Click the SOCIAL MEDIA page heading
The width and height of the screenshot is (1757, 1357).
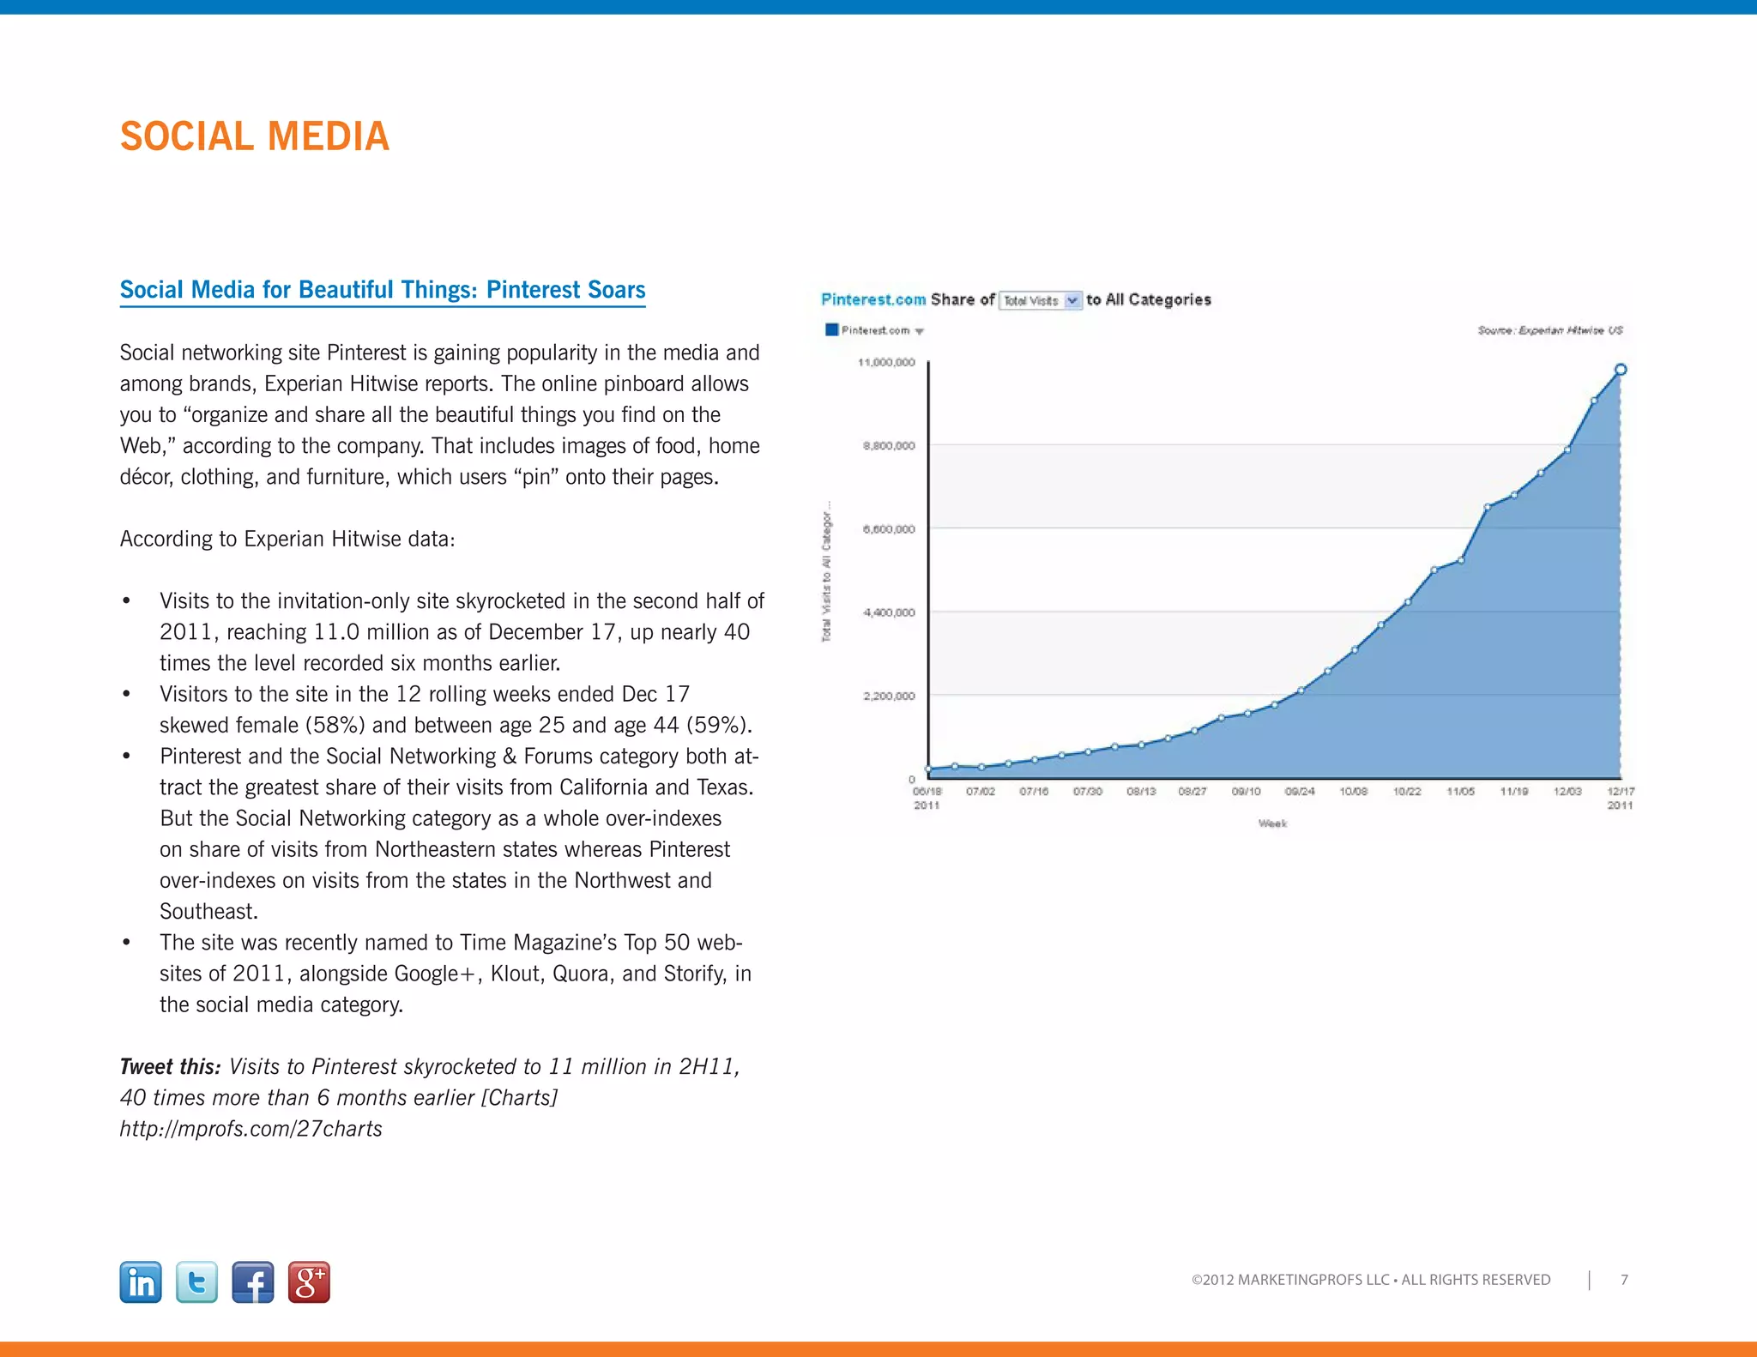click(x=254, y=136)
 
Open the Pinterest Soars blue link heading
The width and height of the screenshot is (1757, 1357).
click(x=382, y=290)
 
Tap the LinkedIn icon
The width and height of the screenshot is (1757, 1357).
click(x=141, y=1282)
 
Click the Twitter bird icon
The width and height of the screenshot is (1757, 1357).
click(x=196, y=1282)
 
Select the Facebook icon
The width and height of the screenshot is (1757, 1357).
click(x=253, y=1282)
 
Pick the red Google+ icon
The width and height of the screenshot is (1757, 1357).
click(x=309, y=1282)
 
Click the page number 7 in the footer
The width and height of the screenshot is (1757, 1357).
click(x=1624, y=1280)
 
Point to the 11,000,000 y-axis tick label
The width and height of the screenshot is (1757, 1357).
click(x=886, y=363)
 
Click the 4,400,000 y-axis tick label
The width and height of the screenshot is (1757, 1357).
click(x=889, y=612)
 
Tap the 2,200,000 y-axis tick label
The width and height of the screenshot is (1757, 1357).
click(x=889, y=696)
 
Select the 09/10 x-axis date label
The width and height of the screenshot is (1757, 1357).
click(x=1246, y=792)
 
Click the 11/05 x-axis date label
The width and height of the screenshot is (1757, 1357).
click(x=1460, y=792)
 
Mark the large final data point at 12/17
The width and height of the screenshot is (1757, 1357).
click(x=1621, y=370)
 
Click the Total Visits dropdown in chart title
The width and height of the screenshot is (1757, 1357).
click(x=1040, y=300)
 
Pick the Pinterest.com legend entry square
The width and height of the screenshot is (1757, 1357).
click(x=831, y=330)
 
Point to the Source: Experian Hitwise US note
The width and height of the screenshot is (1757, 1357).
click(x=1549, y=330)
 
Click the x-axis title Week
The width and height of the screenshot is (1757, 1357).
click(x=1272, y=823)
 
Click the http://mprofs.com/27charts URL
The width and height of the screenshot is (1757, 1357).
click(x=251, y=1129)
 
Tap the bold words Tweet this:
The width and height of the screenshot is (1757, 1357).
click(x=170, y=1067)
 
